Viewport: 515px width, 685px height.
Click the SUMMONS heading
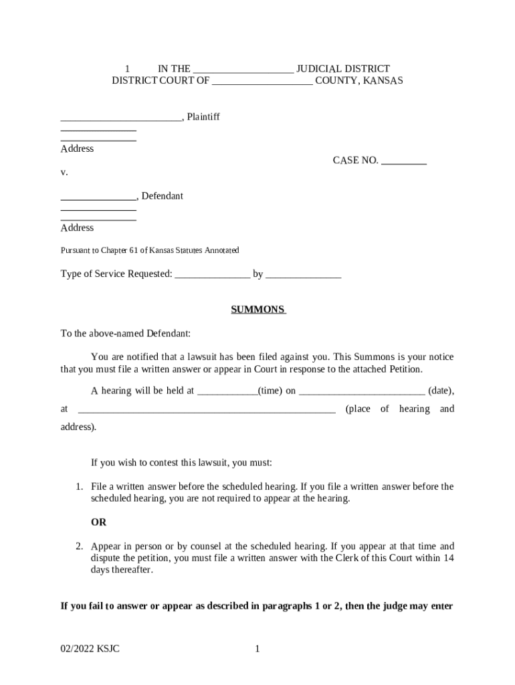tap(258, 310)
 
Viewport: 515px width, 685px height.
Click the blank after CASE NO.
tap(403, 161)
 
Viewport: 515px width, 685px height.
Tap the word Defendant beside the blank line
tap(162, 196)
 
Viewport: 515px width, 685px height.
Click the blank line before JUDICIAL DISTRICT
tap(243, 69)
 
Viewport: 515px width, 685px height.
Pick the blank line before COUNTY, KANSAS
tap(262, 81)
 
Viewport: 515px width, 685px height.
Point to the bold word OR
tap(98, 522)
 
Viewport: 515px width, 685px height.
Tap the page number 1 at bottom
tap(257, 648)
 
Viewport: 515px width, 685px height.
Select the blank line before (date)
tap(361, 391)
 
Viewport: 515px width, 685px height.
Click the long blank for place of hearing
tap(207, 409)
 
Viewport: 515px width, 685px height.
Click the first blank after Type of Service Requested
tap(212, 274)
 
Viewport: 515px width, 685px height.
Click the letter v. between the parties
tap(64, 172)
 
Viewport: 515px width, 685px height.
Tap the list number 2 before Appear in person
tap(78, 546)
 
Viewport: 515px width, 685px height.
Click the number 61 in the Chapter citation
tap(134, 250)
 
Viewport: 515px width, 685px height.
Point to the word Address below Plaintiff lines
tap(77, 149)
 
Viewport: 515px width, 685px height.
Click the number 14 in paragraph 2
tap(449, 558)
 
